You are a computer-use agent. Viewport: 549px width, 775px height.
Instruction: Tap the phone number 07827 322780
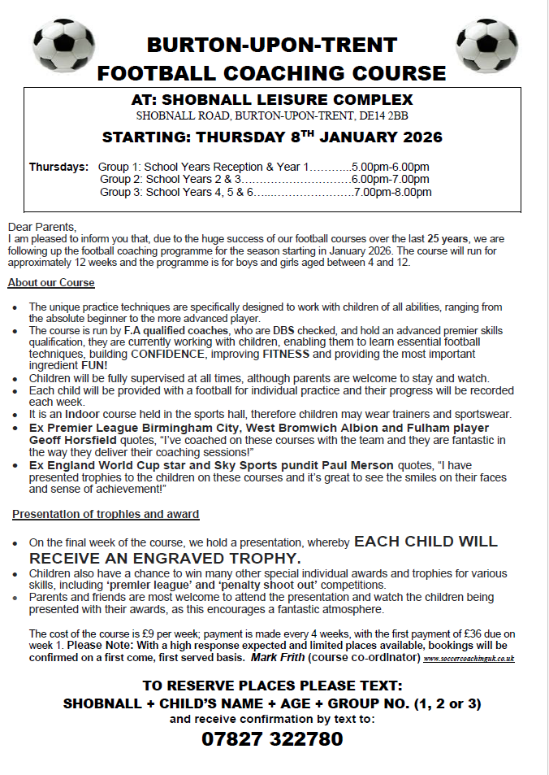[x=272, y=738]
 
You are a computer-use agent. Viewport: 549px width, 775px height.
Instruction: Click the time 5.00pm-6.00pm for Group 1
[x=390, y=167]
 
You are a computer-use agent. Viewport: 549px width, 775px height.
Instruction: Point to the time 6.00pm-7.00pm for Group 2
[x=390, y=180]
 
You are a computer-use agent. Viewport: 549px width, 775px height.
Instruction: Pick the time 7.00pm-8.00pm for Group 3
[x=392, y=193]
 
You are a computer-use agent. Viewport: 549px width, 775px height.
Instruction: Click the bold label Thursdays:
[x=59, y=167]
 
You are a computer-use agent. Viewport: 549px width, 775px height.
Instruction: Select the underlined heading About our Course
[x=51, y=283]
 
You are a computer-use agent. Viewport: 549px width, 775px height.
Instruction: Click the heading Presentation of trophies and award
[x=106, y=515]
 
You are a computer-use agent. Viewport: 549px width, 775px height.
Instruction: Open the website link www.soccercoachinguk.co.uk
[x=469, y=658]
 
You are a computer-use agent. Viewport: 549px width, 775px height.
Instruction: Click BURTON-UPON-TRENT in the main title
[x=272, y=44]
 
